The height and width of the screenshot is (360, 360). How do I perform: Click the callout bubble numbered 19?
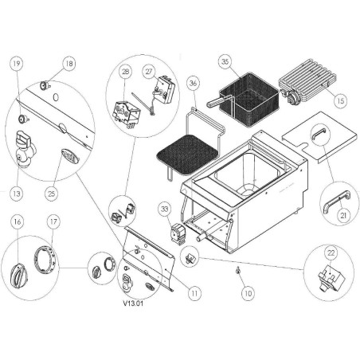click(x=18, y=64)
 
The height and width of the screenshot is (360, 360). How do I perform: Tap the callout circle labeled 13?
click(x=18, y=192)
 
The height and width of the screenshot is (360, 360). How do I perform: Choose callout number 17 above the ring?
click(x=53, y=221)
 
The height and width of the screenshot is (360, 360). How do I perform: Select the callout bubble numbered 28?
click(x=125, y=72)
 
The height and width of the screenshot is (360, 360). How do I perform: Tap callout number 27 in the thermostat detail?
click(x=149, y=71)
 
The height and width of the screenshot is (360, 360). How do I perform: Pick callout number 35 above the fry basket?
click(x=225, y=61)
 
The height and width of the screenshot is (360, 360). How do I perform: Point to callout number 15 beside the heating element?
click(x=340, y=101)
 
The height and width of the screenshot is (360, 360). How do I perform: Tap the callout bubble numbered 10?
click(x=248, y=293)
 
